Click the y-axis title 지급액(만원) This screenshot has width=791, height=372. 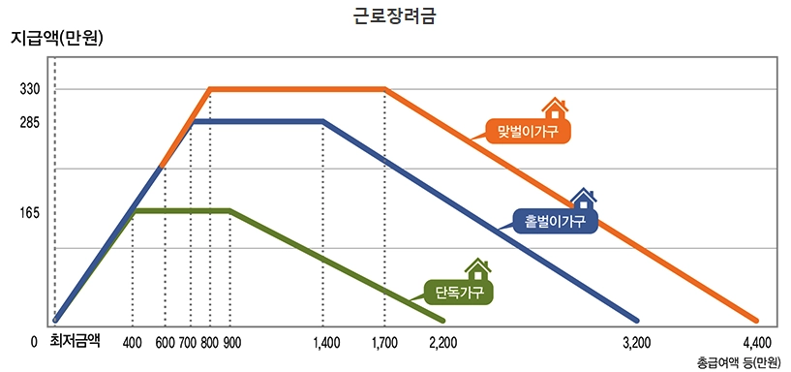57,39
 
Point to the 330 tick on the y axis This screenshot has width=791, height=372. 29,89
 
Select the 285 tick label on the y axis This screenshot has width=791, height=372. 29,123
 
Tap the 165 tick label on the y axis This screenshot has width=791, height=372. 29,211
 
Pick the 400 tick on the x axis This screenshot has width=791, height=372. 132,342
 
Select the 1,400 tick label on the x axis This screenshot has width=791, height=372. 326,342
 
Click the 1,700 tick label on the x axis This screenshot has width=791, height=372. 384,342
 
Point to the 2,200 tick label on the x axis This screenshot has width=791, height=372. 442,342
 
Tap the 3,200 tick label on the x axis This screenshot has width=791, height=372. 636,342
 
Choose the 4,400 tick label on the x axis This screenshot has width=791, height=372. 756,342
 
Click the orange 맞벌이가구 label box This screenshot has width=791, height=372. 528,131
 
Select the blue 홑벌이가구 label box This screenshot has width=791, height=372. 556,222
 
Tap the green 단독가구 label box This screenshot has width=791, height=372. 459,291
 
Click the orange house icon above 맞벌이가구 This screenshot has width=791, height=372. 553,107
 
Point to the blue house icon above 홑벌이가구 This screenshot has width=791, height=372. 582,199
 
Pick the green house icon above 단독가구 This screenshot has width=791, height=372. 477,268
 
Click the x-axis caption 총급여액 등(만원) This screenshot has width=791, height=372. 738,362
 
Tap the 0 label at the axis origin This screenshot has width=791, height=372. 34,342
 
